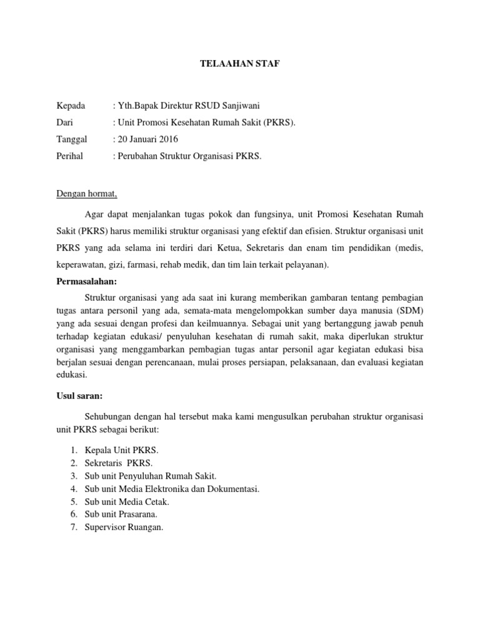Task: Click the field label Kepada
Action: point(71,105)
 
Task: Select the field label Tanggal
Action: point(72,139)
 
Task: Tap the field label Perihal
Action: point(70,156)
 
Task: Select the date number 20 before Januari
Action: point(122,139)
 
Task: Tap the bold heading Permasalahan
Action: point(87,282)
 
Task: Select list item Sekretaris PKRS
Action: point(119,463)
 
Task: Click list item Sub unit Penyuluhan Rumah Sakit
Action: point(147,476)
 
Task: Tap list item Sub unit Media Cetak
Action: point(127,501)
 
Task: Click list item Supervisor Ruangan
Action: point(124,527)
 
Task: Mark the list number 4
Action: point(73,489)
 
